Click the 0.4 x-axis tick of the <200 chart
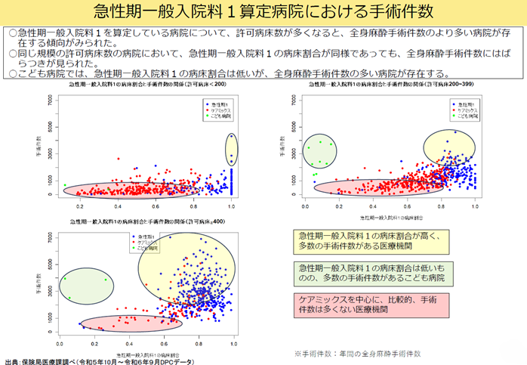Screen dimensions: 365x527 (x=118, y=205)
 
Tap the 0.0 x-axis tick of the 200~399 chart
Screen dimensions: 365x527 (x=305, y=205)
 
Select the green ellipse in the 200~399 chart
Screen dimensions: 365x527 (x=319, y=151)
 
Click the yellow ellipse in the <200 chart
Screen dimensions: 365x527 (x=231, y=151)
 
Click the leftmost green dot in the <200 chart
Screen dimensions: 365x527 (x=65, y=185)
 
